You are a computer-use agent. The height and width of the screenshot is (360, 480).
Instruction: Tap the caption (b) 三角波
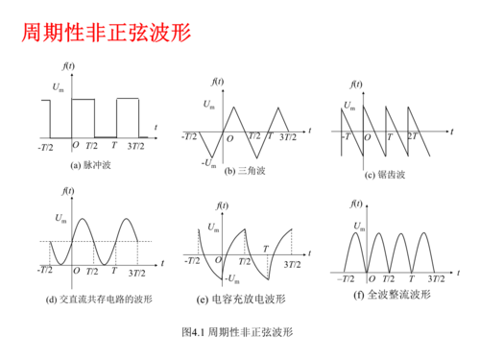[x=244, y=171]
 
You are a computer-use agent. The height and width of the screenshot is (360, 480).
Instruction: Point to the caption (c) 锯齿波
[x=384, y=175]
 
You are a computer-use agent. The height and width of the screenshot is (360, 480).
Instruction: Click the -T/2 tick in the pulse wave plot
[x=45, y=146]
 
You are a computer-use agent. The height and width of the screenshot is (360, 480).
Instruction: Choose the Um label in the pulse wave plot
[x=59, y=89]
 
